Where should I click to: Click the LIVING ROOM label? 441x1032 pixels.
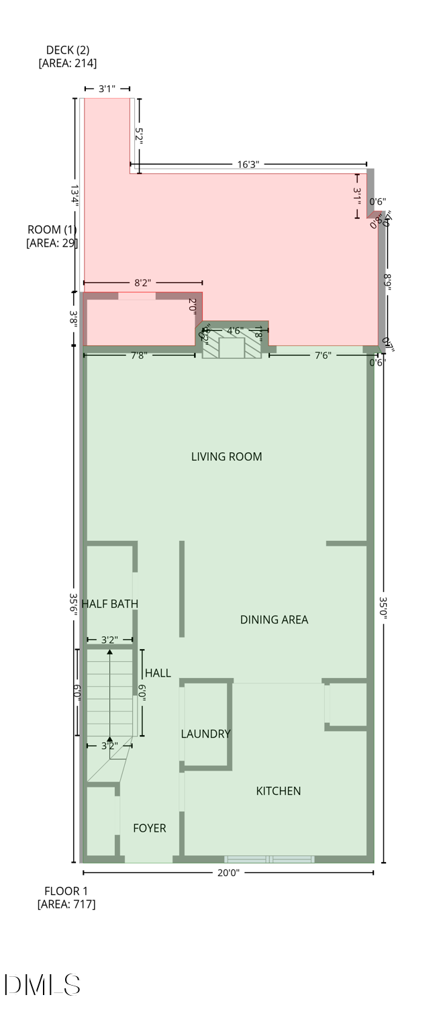226,457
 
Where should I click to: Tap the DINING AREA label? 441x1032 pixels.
274,619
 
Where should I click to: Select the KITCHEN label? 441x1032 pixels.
278,791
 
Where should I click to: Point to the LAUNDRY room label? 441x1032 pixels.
205,734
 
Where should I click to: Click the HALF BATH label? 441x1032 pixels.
110,604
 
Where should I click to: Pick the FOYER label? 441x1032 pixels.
149,828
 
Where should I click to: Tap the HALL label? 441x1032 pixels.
158,673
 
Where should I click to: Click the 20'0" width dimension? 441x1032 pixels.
228,873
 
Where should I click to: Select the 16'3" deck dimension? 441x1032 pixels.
248,164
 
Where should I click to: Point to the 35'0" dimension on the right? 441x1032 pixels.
383,611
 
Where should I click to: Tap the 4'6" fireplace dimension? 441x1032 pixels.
235,331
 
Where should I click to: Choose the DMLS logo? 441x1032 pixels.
42,985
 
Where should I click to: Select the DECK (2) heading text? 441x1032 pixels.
67,50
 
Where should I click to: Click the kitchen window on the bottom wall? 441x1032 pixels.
269,859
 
